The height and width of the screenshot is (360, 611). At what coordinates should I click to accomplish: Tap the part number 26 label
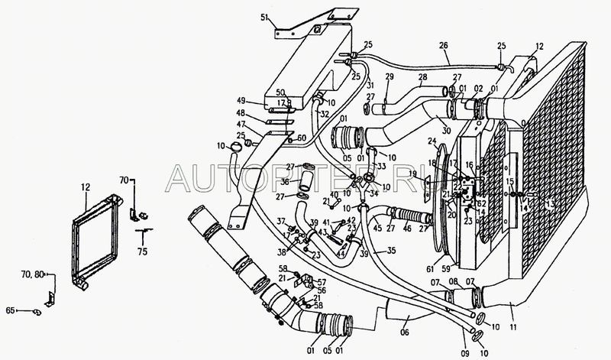pos(443,45)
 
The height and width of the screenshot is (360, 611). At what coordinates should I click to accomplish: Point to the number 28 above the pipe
pos(422,77)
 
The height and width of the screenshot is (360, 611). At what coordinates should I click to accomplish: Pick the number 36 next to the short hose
pos(283,182)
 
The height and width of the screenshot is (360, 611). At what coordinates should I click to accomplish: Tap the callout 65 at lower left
pos(11,311)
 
